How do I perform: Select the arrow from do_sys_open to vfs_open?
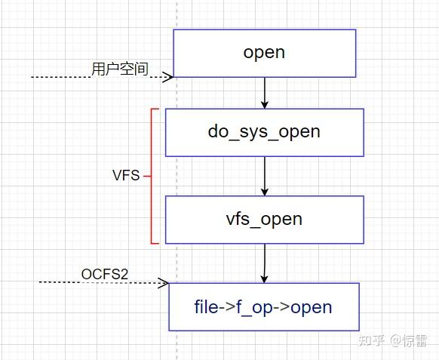264,175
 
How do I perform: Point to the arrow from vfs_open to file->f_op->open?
264,263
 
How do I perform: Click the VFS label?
126,176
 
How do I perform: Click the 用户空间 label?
120,69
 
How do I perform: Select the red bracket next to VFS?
152,176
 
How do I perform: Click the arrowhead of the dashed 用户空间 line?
169,76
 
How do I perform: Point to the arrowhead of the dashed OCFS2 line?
164,282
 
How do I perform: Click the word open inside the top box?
264,52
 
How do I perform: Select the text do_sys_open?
264,131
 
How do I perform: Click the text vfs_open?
264,219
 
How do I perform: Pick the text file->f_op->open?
264,307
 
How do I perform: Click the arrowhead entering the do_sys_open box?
264,104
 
